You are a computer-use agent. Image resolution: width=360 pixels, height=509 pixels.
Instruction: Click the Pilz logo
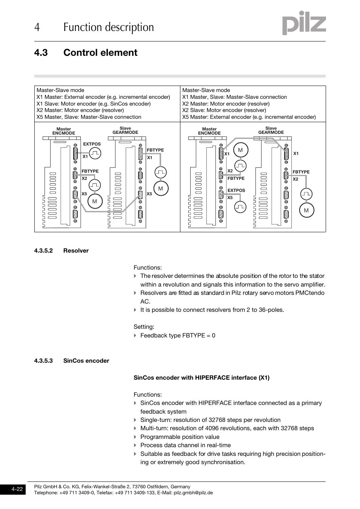(x=304, y=24)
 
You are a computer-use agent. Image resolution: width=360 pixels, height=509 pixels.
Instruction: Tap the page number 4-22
(x=17, y=489)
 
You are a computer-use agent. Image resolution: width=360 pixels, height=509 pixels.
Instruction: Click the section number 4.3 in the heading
(x=41, y=53)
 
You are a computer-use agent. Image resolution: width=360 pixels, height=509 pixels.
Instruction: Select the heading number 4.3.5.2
(x=43, y=251)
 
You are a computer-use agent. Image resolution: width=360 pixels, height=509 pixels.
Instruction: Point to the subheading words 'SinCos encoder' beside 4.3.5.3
(x=86, y=361)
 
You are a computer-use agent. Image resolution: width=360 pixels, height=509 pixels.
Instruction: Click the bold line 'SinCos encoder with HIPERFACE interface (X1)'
(x=202, y=378)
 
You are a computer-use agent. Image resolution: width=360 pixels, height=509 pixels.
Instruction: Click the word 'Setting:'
(x=144, y=327)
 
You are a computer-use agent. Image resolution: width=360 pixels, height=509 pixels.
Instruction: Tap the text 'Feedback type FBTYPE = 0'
(x=178, y=336)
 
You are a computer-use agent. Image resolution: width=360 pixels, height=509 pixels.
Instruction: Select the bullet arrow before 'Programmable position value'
(x=135, y=437)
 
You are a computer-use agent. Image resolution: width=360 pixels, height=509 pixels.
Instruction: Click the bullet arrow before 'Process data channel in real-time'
(x=135, y=445)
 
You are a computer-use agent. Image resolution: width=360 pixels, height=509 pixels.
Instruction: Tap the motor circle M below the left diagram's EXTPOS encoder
(x=94, y=201)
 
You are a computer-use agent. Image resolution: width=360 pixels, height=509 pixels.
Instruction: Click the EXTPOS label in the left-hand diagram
(x=92, y=144)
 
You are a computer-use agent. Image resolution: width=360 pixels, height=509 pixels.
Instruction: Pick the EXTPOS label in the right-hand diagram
(x=236, y=190)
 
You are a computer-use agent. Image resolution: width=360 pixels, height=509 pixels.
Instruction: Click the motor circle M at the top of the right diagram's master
(x=240, y=150)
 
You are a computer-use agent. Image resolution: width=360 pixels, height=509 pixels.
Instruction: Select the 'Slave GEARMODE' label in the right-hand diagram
(x=271, y=130)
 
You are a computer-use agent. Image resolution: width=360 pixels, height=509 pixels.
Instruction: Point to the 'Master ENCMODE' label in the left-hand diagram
(x=63, y=131)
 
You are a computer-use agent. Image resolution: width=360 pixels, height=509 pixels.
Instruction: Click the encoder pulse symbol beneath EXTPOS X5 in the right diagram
(x=240, y=207)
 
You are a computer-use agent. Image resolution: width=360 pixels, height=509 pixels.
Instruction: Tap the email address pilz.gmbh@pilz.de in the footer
(x=193, y=493)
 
